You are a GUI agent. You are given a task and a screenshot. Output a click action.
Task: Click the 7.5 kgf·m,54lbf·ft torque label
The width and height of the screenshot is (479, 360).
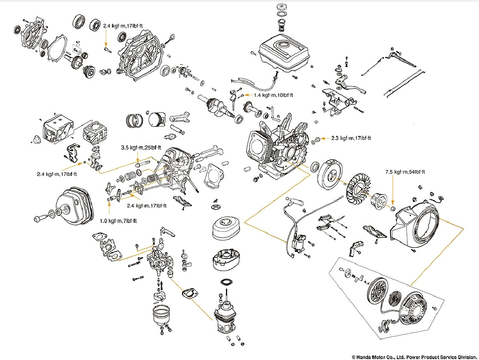(x=405, y=172)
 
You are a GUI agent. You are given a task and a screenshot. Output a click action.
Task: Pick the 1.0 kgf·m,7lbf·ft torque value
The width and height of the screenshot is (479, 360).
(x=118, y=221)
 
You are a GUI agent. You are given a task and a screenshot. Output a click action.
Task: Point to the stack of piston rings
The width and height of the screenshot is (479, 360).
(x=134, y=121)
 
